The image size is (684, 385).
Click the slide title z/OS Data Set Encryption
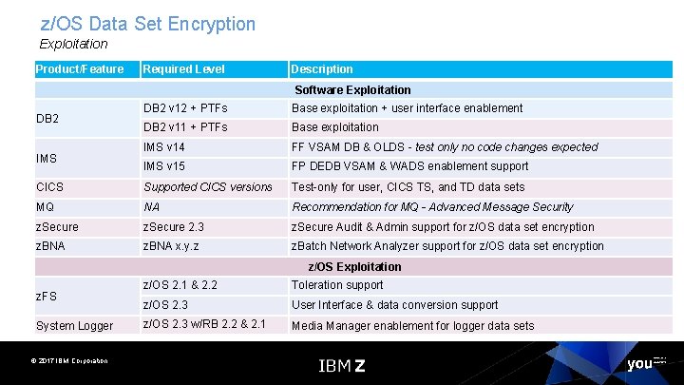[x=148, y=24]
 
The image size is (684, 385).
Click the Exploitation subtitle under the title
[x=74, y=44]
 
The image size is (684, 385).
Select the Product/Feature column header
[x=80, y=68]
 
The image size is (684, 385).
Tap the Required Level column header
[x=183, y=68]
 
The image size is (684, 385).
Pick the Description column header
[x=322, y=68]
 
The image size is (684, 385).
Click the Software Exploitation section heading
[x=352, y=89]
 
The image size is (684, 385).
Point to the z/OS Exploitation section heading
[x=354, y=266]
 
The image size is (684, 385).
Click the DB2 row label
[x=48, y=119]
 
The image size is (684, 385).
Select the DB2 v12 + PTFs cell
[x=185, y=108]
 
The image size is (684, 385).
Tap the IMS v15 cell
[x=164, y=166]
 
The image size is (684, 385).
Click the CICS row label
[x=50, y=187]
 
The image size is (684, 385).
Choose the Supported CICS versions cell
[x=208, y=187]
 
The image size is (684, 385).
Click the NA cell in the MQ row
[x=152, y=206]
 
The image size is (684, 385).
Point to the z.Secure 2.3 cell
[x=174, y=226]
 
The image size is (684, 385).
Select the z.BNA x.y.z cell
[x=171, y=246]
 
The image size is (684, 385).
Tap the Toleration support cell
[x=337, y=284]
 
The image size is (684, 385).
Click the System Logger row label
[x=74, y=326]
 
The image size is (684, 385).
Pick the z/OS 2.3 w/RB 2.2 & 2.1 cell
[x=202, y=325]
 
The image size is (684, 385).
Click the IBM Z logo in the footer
[x=341, y=365]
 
